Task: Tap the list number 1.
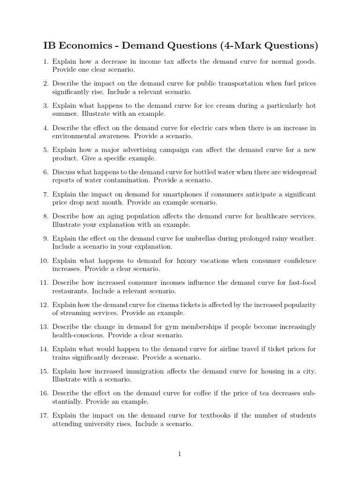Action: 45,61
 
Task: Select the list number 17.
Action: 44,415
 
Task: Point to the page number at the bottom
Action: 180,454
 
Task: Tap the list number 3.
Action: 45,106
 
